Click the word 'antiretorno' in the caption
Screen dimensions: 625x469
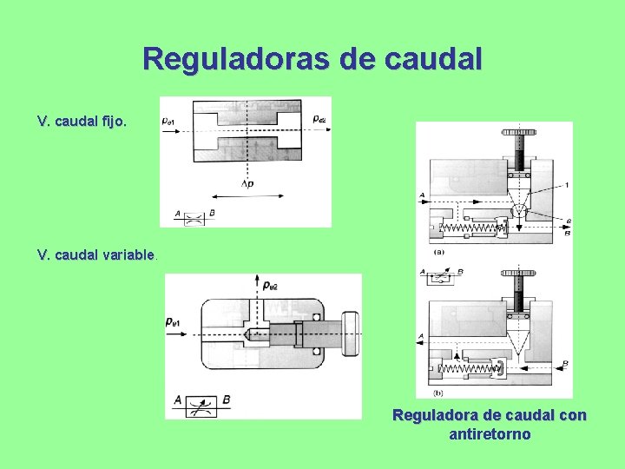[x=490, y=433]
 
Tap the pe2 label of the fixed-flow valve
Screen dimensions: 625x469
[x=319, y=118]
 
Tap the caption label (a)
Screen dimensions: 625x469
[x=439, y=251]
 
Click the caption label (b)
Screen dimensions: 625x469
[x=437, y=393]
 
